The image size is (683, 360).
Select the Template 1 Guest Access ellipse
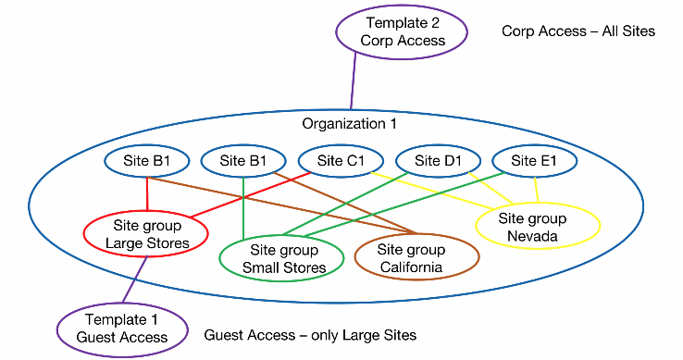(x=122, y=329)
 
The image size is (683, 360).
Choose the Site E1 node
(x=535, y=160)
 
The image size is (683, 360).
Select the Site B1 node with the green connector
(x=243, y=160)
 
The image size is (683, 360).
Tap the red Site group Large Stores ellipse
(x=145, y=234)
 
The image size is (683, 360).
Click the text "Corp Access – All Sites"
(x=577, y=31)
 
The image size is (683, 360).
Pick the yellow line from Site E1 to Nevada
(x=537, y=190)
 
